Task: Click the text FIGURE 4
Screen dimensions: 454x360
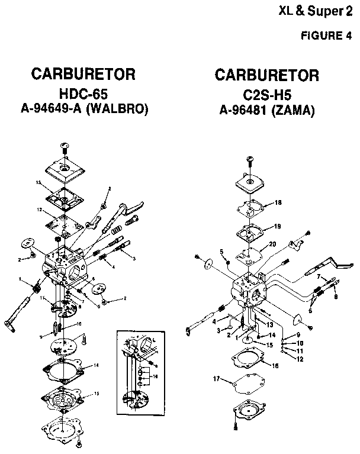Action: click(x=327, y=34)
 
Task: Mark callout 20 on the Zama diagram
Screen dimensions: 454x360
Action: click(x=272, y=244)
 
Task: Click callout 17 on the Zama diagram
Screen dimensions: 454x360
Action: click(x=216, y=378)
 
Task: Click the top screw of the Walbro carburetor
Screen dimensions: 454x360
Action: click(x=63, y=146)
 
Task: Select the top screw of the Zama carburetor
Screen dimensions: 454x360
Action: click(x=247, y=158)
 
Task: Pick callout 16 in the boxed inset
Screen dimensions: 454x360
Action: click(x=155, y=376)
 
